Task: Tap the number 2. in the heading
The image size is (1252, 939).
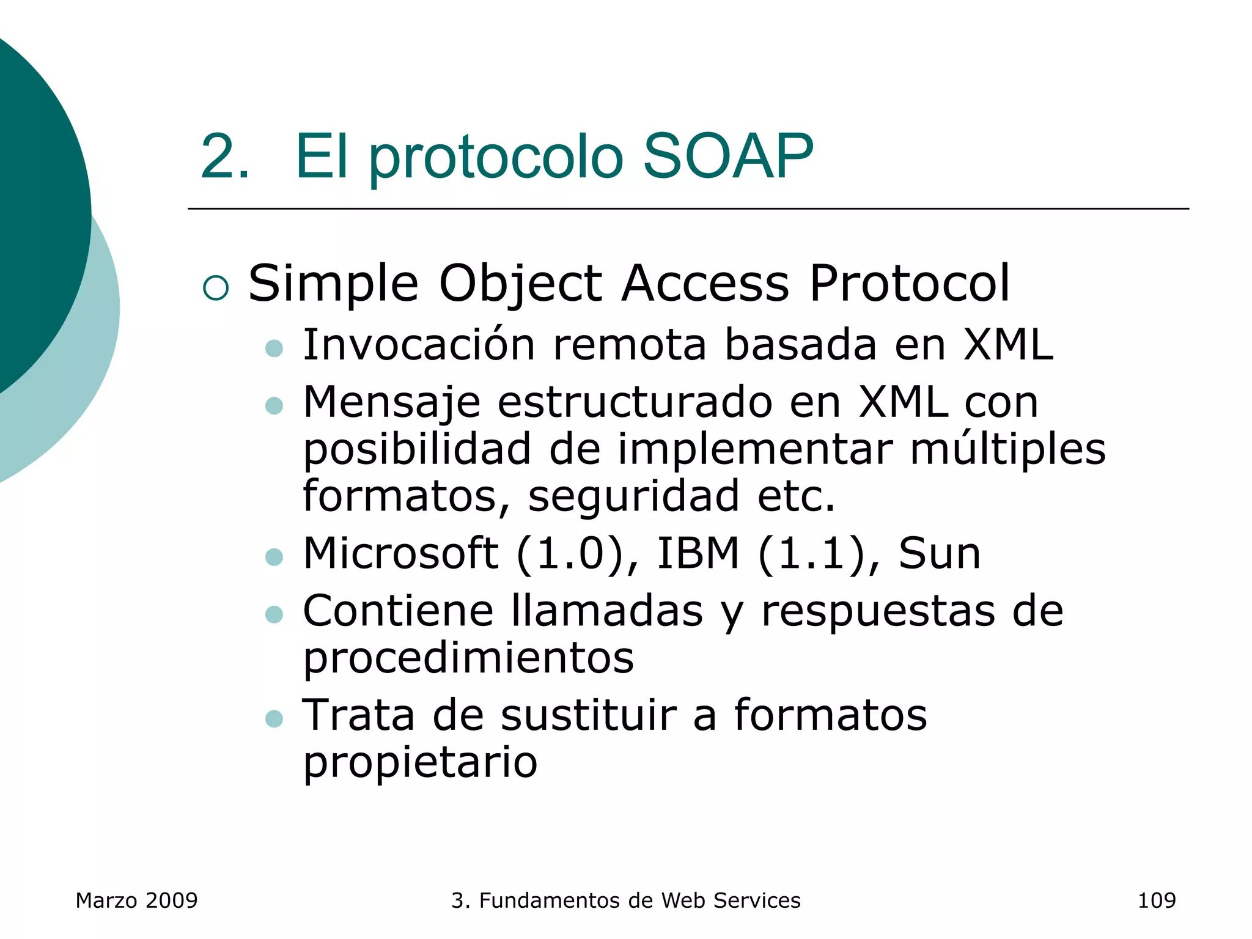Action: [225, 157]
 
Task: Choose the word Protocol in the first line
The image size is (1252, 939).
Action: [909, 283]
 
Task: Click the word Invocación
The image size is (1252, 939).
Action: [419, 345]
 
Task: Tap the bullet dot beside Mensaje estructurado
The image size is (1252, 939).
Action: [274, 405]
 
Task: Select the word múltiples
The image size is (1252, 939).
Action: [1007, 450]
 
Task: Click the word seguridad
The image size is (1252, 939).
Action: [633, 496]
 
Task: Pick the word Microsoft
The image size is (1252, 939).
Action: [400, 553]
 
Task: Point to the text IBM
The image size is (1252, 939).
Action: [698, 553]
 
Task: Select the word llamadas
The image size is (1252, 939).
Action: [607, 611]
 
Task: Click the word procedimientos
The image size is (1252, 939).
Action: [468, 659]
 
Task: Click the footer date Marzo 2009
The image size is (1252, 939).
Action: [136, 900]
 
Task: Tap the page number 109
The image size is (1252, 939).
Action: [1156, 900]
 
